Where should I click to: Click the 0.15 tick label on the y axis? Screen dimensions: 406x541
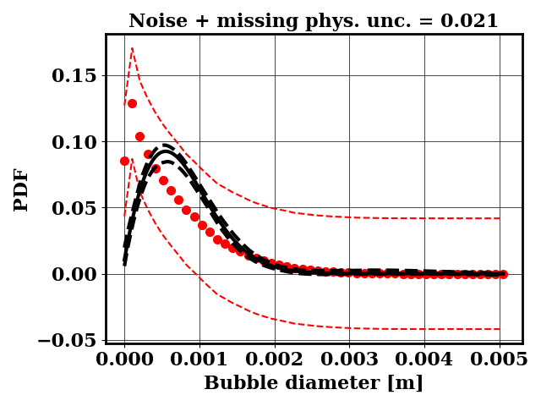[74, 76]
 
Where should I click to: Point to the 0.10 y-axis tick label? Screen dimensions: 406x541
[74, 142]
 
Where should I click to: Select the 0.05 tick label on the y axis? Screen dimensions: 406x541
[74, 208]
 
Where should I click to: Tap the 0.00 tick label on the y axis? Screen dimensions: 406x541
[74, 274]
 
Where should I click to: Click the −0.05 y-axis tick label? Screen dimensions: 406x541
[68, 340]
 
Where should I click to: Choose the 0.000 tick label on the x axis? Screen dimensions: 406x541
[124, 358]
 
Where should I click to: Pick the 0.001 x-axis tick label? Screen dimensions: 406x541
[199, 358]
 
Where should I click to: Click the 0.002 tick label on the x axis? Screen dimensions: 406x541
[275, 358]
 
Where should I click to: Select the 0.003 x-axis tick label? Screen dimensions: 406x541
[349, 358]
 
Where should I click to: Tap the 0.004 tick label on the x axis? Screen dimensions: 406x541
[424, 358]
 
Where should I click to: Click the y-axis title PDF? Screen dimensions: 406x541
[21, 189]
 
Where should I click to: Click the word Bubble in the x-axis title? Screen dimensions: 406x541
[239, 383]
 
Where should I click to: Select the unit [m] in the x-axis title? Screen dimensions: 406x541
[406, 383]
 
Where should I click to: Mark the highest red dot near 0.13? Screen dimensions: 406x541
[132, 103]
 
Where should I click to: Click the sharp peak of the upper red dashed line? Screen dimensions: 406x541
[132, 48]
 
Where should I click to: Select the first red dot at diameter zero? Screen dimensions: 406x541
[124, 161]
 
